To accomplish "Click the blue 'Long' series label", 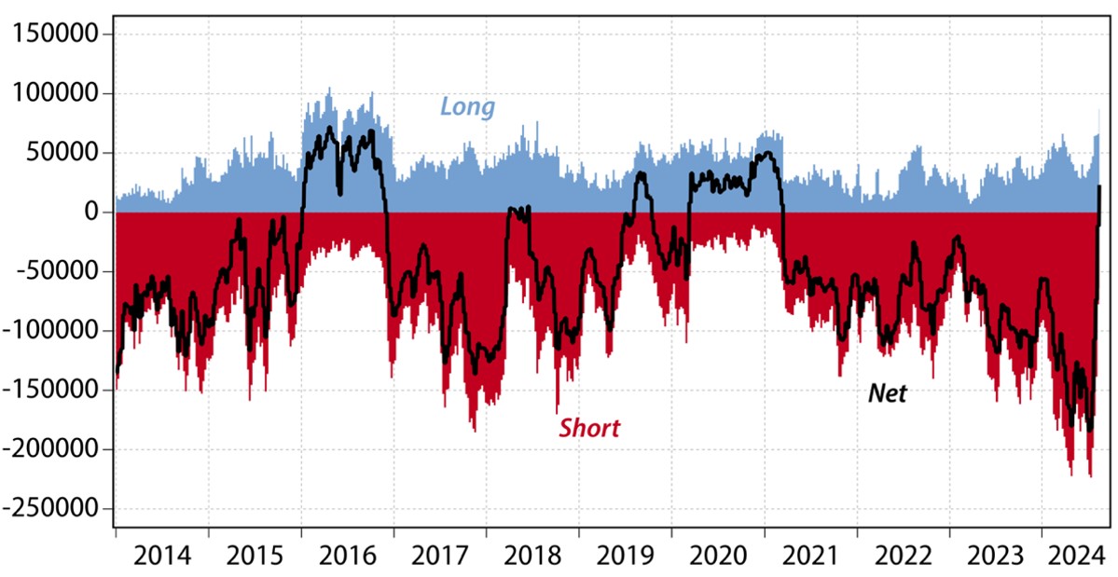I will tap(467, 106).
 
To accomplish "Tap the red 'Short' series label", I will tap(589, 428).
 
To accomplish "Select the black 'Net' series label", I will tap(887, 393).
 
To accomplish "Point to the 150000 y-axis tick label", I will tap(58, 34).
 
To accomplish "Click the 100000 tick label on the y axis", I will tap(58, 94).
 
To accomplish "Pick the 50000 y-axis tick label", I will tap(63, 153).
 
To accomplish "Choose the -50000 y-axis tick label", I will tap(58, 272).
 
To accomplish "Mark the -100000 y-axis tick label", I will tap(52, 331).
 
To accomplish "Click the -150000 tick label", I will tap(52, 391).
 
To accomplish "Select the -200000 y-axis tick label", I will tap(52, 450).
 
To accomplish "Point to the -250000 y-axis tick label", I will tap(52, 509).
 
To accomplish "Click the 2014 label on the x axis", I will tap(162, 556).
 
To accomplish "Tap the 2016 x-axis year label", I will tap(348, 556).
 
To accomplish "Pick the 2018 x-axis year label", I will tap(533, 556).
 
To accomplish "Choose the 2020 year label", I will tap(718, 556).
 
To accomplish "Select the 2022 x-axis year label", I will tap(904, 556).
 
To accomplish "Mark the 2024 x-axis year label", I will tap(1072, 556).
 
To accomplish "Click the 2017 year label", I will tap(440, 556).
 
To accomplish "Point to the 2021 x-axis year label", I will tap(811, 556).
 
